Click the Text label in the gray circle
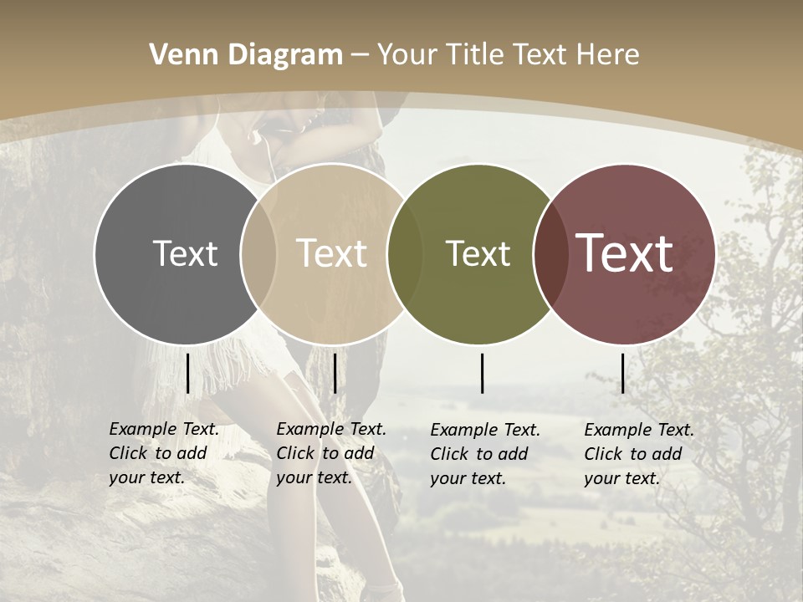click(185, 253)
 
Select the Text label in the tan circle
click(331, 253)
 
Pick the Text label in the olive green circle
click(478, 253)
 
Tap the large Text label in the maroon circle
click(624, 253)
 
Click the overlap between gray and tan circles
click(258, 253)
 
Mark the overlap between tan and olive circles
click(405, 253)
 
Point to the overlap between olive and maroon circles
click(549, 253)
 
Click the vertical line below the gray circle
click(187, 373)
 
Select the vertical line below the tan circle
click(335, 373)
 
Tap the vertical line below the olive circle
click(483, 373)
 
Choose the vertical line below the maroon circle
click(622, 373)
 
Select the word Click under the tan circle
click(296, 453)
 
